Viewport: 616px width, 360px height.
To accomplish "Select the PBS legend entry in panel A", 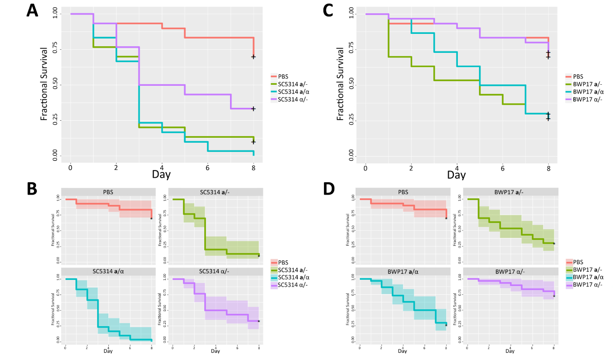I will [283, 76].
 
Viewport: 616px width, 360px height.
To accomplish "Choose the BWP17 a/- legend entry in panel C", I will [587, 84].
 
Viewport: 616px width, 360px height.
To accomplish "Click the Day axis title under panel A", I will [161, 175].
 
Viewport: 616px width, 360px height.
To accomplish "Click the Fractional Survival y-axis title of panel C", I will [340, 84].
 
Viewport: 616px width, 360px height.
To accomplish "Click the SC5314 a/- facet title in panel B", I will [216, 192].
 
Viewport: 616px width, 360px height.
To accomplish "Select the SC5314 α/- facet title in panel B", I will [216, 271].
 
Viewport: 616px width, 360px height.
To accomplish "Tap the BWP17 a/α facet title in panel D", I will [403, 271].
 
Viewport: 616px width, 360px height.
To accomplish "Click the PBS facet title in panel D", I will [403, 192].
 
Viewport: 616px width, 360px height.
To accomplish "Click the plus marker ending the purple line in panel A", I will [253, 109].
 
